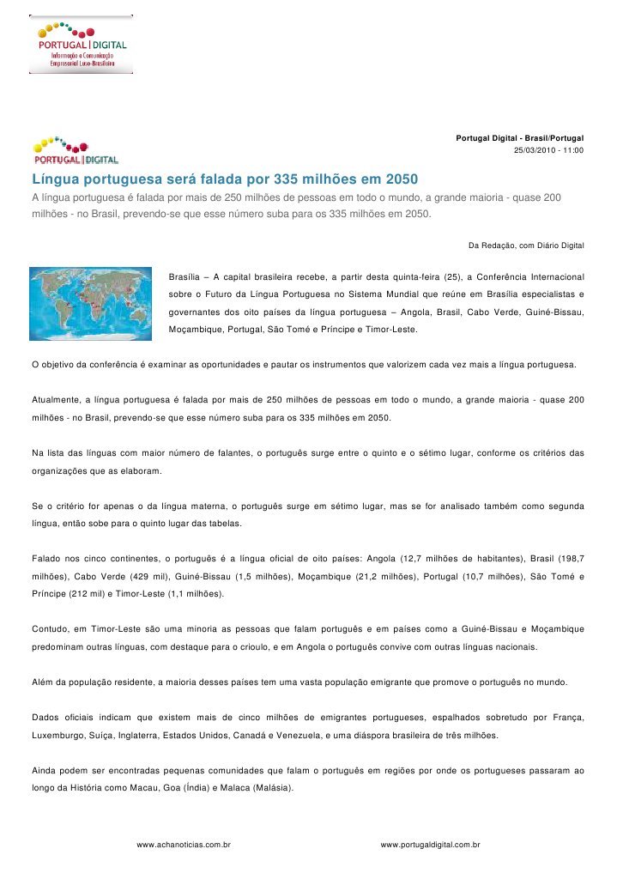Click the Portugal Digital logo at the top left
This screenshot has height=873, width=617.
point(82,44)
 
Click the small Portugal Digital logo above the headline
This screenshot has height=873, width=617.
point(76,149)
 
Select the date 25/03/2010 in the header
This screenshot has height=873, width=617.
point(533,150)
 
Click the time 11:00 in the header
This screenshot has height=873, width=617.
point(573,150)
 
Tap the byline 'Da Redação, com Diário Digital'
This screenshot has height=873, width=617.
point(526,246)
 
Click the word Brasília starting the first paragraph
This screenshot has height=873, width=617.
point(185,278)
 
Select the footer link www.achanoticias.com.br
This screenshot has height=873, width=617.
point(184,845)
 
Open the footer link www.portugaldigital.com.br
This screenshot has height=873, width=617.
point(430,845)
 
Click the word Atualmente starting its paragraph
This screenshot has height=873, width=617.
point(56,399)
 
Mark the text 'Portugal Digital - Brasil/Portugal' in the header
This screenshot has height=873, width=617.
point(519,138)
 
